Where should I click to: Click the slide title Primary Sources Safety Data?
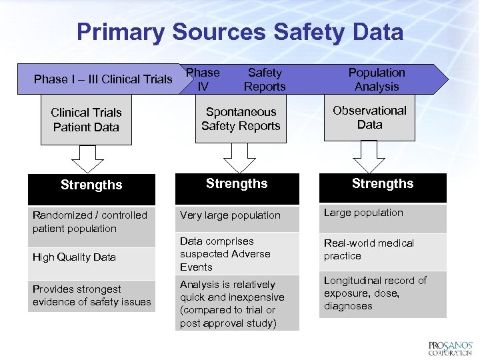pos(239,32)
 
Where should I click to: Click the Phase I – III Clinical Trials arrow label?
pos(103,79)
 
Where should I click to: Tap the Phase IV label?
pos(203,79)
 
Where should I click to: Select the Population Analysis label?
pos(377,79)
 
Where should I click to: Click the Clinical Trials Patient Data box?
pos(86,120)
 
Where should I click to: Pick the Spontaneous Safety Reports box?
pos(241,119)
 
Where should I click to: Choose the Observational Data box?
pos(369,117)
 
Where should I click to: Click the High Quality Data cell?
pos(91,257)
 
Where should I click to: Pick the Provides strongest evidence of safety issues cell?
pos(91,295)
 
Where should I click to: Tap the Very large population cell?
pos(237,215)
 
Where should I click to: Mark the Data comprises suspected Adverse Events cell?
pos(237,254)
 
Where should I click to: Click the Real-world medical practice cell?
pos(383,250)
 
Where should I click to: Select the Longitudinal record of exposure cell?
pos(383,293)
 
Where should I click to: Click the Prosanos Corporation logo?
pos(450,347)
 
